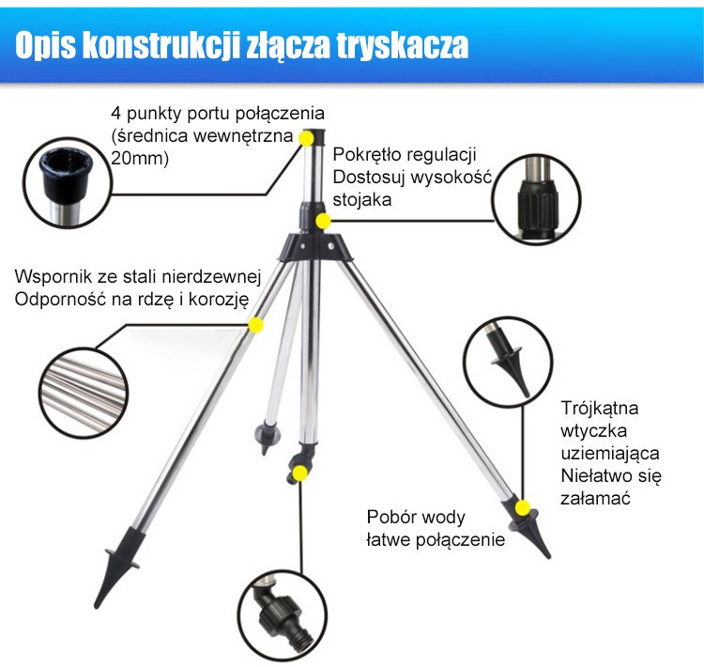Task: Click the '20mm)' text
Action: click(140, 158)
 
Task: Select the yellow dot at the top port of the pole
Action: click(307, 138)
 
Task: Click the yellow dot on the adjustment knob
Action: click(323, 221)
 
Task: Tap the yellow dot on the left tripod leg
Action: click(256, 325)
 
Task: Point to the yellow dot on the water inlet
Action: click(299, 473)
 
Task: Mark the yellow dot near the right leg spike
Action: click(522, 508)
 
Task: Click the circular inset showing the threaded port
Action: click(67, 183)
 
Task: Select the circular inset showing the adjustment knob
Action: click(536, 199)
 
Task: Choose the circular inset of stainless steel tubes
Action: click(84, 394)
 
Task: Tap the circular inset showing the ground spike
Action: click(508, 363)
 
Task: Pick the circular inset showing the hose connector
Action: click(283, 615)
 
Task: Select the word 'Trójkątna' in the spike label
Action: click(600, 408)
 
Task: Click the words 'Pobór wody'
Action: click(416, 517)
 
